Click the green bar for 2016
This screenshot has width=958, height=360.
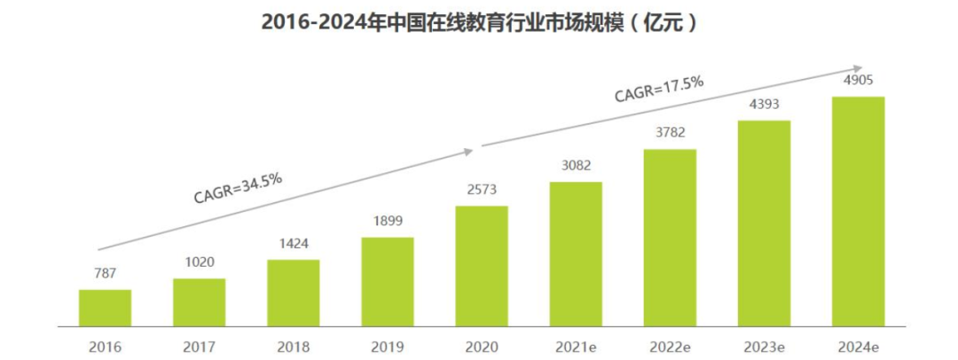[x=105, y=308]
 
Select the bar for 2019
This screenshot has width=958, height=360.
[x=388, y=281]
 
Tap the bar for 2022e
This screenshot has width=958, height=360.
[x=670, y=238]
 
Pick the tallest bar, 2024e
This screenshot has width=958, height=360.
[x=858, y=211]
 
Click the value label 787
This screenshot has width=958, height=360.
[x=105, y=275]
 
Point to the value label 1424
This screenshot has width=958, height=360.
[x=294, y=245]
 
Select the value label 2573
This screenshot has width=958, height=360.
[x=482, y=191]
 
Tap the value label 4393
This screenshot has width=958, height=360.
[x=764, y=106]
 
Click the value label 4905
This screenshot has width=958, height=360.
[x=858, y=82]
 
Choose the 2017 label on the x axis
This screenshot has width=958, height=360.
[x=200, y=346]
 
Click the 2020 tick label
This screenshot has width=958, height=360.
[x=482, y=346]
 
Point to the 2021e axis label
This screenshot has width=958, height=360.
[x=576, y=346]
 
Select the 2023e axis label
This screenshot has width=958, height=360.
[x=764, y=346]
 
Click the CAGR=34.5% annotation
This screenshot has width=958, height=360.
[x=238, y=187]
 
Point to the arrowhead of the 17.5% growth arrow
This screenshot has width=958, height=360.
[x=857, y=67]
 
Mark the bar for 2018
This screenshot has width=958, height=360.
[x=294, y=293]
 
